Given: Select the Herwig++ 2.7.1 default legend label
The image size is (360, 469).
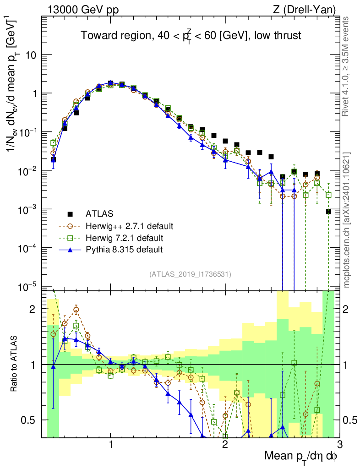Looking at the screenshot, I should point(130,226).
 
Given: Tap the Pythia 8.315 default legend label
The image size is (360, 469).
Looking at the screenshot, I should point(124,250).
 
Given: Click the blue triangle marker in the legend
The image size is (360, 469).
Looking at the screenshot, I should point(70,250).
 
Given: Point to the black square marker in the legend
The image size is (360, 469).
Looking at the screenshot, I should point(70,213).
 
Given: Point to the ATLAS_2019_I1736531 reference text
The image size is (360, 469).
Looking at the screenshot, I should point(190,274).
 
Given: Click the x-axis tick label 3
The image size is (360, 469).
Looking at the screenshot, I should point(339,444).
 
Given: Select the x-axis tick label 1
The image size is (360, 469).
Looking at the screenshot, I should point(111,444).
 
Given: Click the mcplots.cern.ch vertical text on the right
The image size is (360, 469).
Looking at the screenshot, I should point(347,220).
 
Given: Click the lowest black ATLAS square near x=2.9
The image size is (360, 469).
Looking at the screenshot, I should point(328,211).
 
